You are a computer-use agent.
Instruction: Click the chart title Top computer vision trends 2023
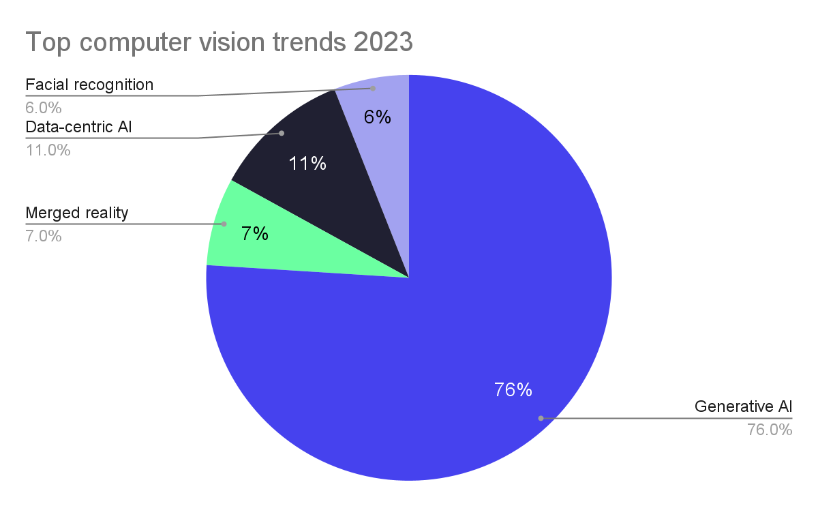point(219,42)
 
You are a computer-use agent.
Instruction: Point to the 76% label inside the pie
point(513,389)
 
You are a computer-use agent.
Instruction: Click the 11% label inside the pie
point(307,164)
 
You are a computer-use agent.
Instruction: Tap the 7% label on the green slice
point(254,234)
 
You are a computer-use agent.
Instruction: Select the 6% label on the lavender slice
point(377,117)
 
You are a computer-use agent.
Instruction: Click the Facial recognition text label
point(89,85)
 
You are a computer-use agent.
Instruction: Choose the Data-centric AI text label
point(78,127)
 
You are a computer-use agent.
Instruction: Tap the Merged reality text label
point(76,213)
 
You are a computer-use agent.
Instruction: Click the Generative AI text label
point(743,407)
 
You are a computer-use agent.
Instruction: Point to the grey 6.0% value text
point(44,107)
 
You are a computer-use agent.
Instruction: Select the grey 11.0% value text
point(48,150)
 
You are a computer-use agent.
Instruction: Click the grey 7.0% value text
point(44,236)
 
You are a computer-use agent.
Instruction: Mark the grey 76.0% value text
point(770,430)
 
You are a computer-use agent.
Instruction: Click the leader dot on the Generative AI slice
point(541,418)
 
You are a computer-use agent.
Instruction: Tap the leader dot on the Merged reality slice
point(224,224)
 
